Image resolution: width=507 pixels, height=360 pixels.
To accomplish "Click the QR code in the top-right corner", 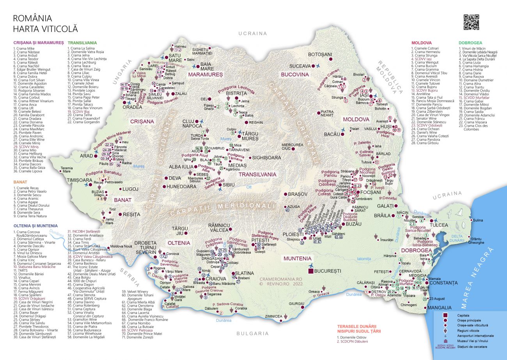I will click(471, 22).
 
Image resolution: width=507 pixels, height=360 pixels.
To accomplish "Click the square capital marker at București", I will click(311, 271).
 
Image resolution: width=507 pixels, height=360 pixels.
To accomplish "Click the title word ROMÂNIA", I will click(32, 18).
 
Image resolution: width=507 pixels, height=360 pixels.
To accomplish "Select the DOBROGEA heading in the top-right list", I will click(470, 43).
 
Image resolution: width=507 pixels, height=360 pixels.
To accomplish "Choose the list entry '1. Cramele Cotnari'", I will click(425, 48).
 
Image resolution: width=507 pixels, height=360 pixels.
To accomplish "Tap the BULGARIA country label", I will click(253, 333).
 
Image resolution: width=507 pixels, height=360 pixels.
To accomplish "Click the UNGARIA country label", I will click(120, 74).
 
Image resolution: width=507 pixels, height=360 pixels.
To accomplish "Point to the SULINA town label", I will click(478, 220).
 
